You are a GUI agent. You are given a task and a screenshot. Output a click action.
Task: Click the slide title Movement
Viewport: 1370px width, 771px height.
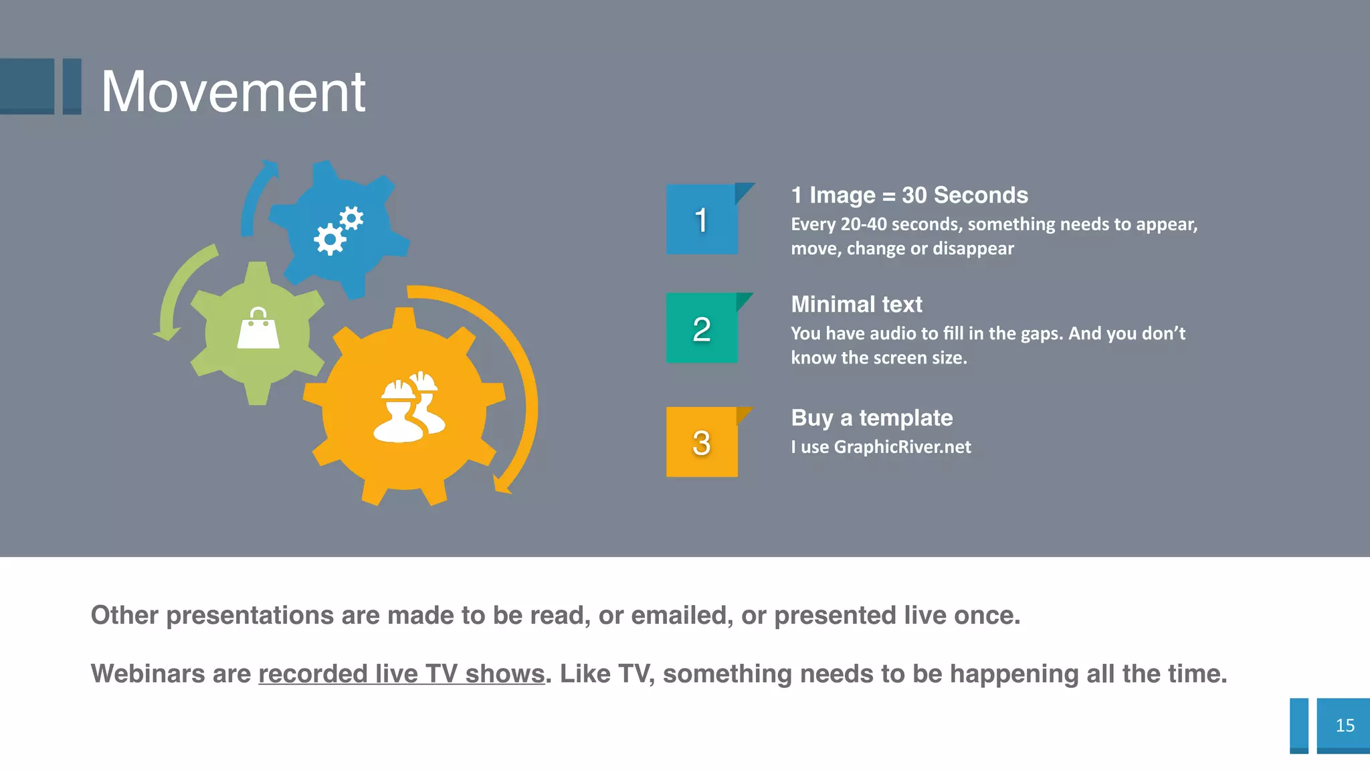coord(233,92)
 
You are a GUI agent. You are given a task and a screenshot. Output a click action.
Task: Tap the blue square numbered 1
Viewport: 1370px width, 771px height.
coord(702,220)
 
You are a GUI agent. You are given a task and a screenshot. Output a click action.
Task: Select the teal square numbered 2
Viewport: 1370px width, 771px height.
coord(702,329)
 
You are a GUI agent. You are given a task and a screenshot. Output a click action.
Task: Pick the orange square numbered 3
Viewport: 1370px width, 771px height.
coord(702,442)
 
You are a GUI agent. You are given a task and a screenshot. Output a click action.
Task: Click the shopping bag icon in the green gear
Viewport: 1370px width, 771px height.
coord(258,329)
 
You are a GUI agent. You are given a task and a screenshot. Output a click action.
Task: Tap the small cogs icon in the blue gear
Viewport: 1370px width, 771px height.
coord(338,230)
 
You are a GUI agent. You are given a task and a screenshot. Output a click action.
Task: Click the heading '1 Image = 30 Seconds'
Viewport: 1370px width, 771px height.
coord(909,195)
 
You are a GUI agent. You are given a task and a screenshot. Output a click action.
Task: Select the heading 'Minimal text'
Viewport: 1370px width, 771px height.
coord(856,305)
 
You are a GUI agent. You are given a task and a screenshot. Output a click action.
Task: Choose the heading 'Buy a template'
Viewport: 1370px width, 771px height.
coord(872,418)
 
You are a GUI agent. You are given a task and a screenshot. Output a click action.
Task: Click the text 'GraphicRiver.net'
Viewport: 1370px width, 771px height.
coord(902,447)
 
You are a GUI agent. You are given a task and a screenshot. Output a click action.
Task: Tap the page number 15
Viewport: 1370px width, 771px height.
coord(1345,725)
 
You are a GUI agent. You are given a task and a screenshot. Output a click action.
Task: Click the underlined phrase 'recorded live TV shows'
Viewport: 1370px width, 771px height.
coord(401,674)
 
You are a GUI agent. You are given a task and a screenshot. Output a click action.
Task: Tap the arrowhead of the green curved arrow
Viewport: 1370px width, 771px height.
coord(167,333)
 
